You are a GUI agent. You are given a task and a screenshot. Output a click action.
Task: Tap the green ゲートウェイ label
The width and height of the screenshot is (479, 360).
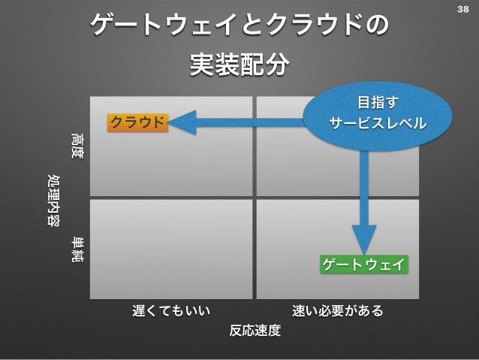coord(365,265)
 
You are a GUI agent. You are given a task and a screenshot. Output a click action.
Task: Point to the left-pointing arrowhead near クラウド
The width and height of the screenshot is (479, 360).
coord(182,123)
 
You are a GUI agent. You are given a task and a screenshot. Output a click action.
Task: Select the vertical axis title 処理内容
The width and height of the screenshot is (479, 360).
coord(54,200)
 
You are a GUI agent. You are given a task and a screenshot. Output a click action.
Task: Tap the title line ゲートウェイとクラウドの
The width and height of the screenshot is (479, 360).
coord(239,28)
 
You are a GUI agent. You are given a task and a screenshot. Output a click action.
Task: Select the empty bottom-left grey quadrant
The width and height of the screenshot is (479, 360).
coord(171,248)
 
